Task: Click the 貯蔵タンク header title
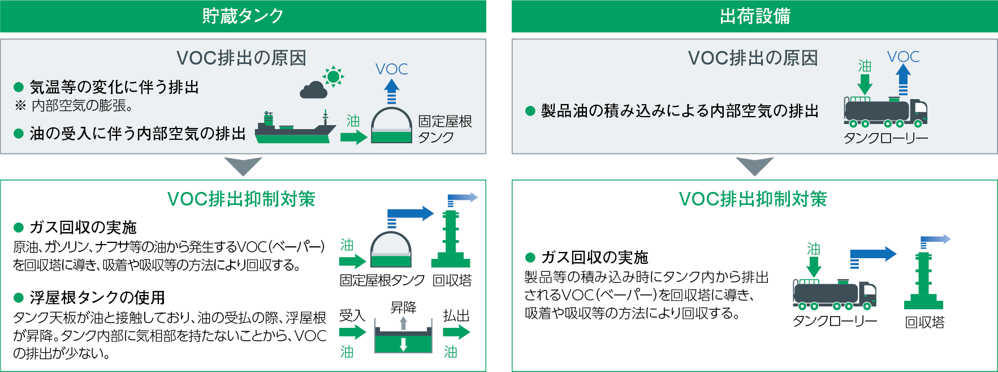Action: [x=243, y=16]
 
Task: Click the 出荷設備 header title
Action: [x=755, y=16]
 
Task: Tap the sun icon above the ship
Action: [x=333, y=76]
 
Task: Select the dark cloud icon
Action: [x=314, y=90]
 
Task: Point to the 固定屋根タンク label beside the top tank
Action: [x=445, y=129]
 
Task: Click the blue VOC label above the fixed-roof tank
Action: [x=391, y=69]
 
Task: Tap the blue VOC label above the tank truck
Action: [x=903, y=57]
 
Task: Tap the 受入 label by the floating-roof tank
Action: [x=352, y=315]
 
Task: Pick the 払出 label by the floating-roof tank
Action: [x=456, y=315]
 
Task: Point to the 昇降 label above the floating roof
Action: [x=403, y=307]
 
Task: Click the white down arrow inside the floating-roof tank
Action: [x=403, y=344]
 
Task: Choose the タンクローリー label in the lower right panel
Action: [x=835, y=322]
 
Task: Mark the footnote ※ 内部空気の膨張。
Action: [x=74, y=105]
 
